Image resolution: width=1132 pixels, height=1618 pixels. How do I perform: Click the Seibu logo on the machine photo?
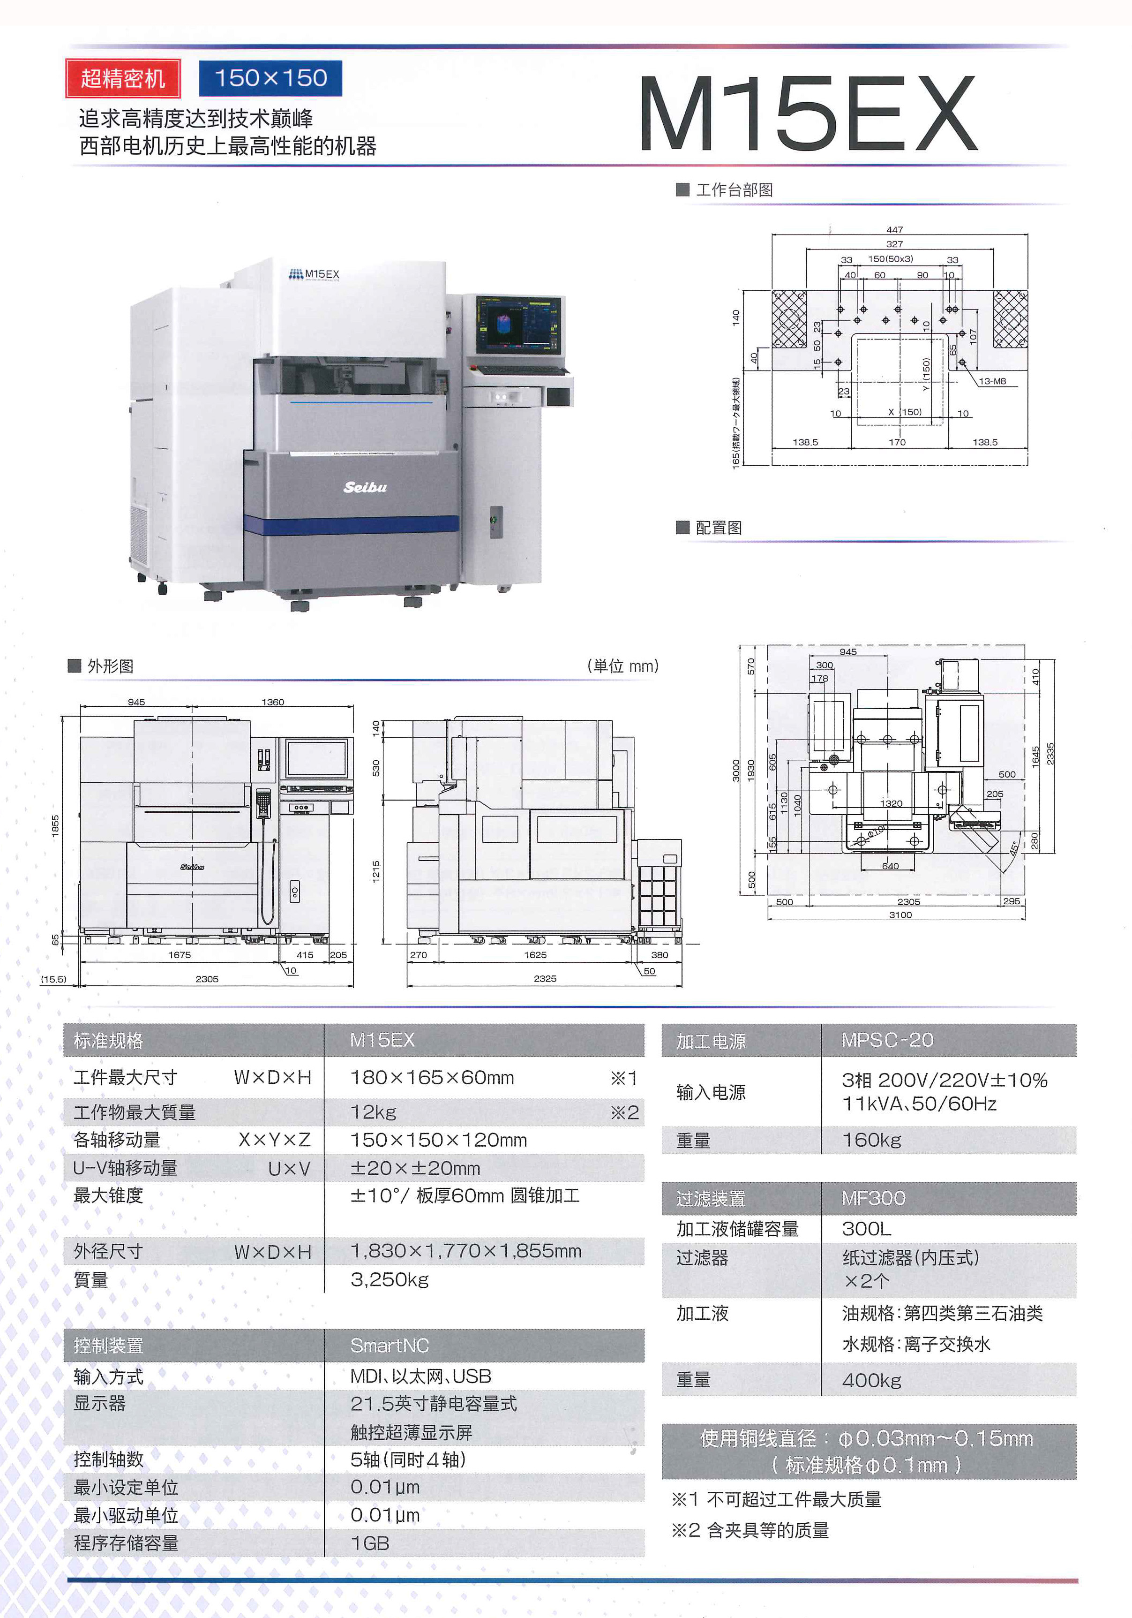[365, 487]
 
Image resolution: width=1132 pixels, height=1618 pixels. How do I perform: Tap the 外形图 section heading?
[110, 666]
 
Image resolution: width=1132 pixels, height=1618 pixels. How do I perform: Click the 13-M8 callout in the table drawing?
[992, 381]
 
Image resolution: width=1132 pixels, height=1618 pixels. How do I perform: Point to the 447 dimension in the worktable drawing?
[895, 230]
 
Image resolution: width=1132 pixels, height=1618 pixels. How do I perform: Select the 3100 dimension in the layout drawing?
[900, 915]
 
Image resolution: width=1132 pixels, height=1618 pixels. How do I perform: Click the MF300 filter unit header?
[873, 1198]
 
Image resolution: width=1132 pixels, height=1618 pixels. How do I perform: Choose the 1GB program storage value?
[370, 1543]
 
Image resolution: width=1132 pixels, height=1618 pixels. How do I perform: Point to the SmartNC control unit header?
[390, 1345]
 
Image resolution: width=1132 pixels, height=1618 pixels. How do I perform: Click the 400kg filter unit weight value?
[871, 1381]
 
